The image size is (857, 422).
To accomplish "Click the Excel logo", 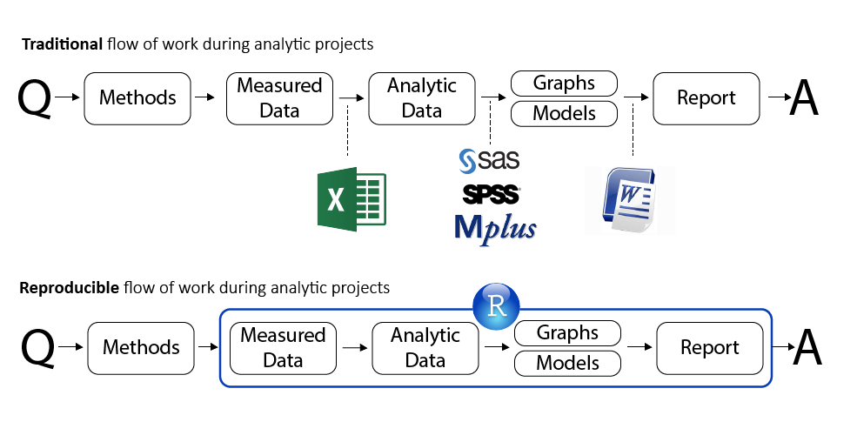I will point(351,199).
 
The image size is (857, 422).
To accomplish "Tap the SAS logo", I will point(489,159).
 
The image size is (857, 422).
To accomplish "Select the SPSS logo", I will point(492,193).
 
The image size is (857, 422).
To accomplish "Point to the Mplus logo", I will point(495,227).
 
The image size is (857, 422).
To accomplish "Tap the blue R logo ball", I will point(496,305).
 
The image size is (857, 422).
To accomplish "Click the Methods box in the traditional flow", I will point(137,97).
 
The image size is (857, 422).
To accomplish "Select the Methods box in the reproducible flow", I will point(140,347).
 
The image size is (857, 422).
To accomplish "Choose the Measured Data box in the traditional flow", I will point(279,97).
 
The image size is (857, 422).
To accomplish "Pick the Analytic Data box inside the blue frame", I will point(425,347).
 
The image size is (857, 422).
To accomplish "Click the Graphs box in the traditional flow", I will point(564,84).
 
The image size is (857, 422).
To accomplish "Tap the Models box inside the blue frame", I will point(567,363).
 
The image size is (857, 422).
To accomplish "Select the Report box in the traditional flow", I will point(706,97).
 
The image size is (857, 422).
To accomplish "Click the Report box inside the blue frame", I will point(710,347).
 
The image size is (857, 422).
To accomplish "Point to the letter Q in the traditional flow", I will point(35,98).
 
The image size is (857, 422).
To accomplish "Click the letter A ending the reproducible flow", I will point(807,348).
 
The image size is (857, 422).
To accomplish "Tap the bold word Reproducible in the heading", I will point(69,287).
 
